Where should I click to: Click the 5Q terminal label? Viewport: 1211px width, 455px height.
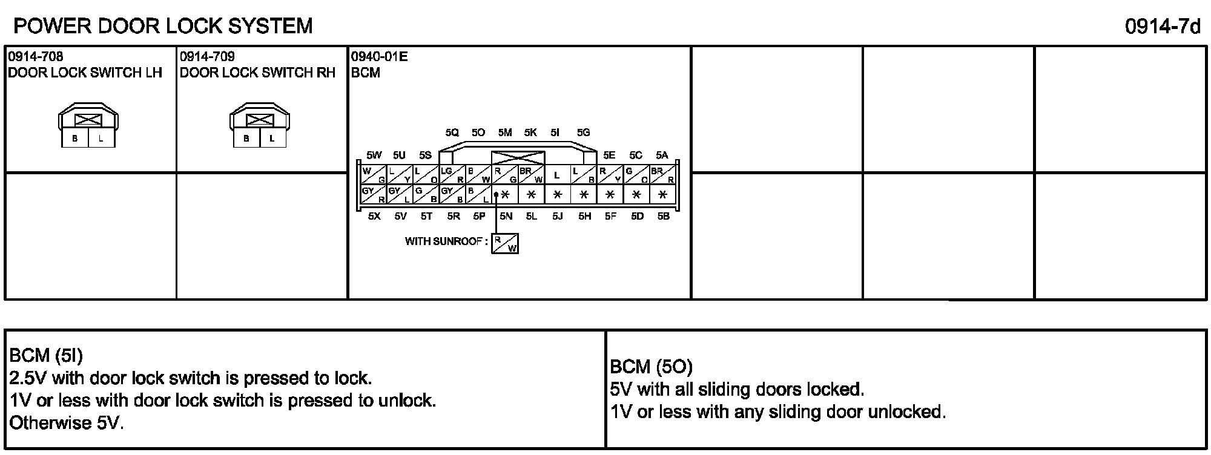point(452,133)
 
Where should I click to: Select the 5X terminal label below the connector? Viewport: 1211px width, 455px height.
point(374,216)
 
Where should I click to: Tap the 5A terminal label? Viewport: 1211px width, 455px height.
point(662,155)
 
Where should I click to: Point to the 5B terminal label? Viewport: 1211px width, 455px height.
point(664,216)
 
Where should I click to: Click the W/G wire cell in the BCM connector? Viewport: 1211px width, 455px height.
point(374,175)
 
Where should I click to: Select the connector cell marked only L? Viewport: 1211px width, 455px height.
point(557,175)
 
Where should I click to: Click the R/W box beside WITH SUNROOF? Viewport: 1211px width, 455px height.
point(505,243)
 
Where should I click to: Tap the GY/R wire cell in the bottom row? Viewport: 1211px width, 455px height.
point(374,194)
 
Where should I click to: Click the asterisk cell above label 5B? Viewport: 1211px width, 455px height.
point(663,194)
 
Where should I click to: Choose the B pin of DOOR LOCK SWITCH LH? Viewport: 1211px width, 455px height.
point(75,139)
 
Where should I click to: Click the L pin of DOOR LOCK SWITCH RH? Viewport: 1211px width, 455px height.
point(273,139)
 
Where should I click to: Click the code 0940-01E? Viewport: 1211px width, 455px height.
point(380,57)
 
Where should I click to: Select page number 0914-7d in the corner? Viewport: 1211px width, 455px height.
point(1163,27)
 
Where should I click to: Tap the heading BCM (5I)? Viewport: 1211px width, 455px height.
point(47,356)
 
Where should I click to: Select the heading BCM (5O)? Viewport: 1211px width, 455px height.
point(651,367)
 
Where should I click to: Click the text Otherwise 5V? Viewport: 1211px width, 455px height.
point(67,422)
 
